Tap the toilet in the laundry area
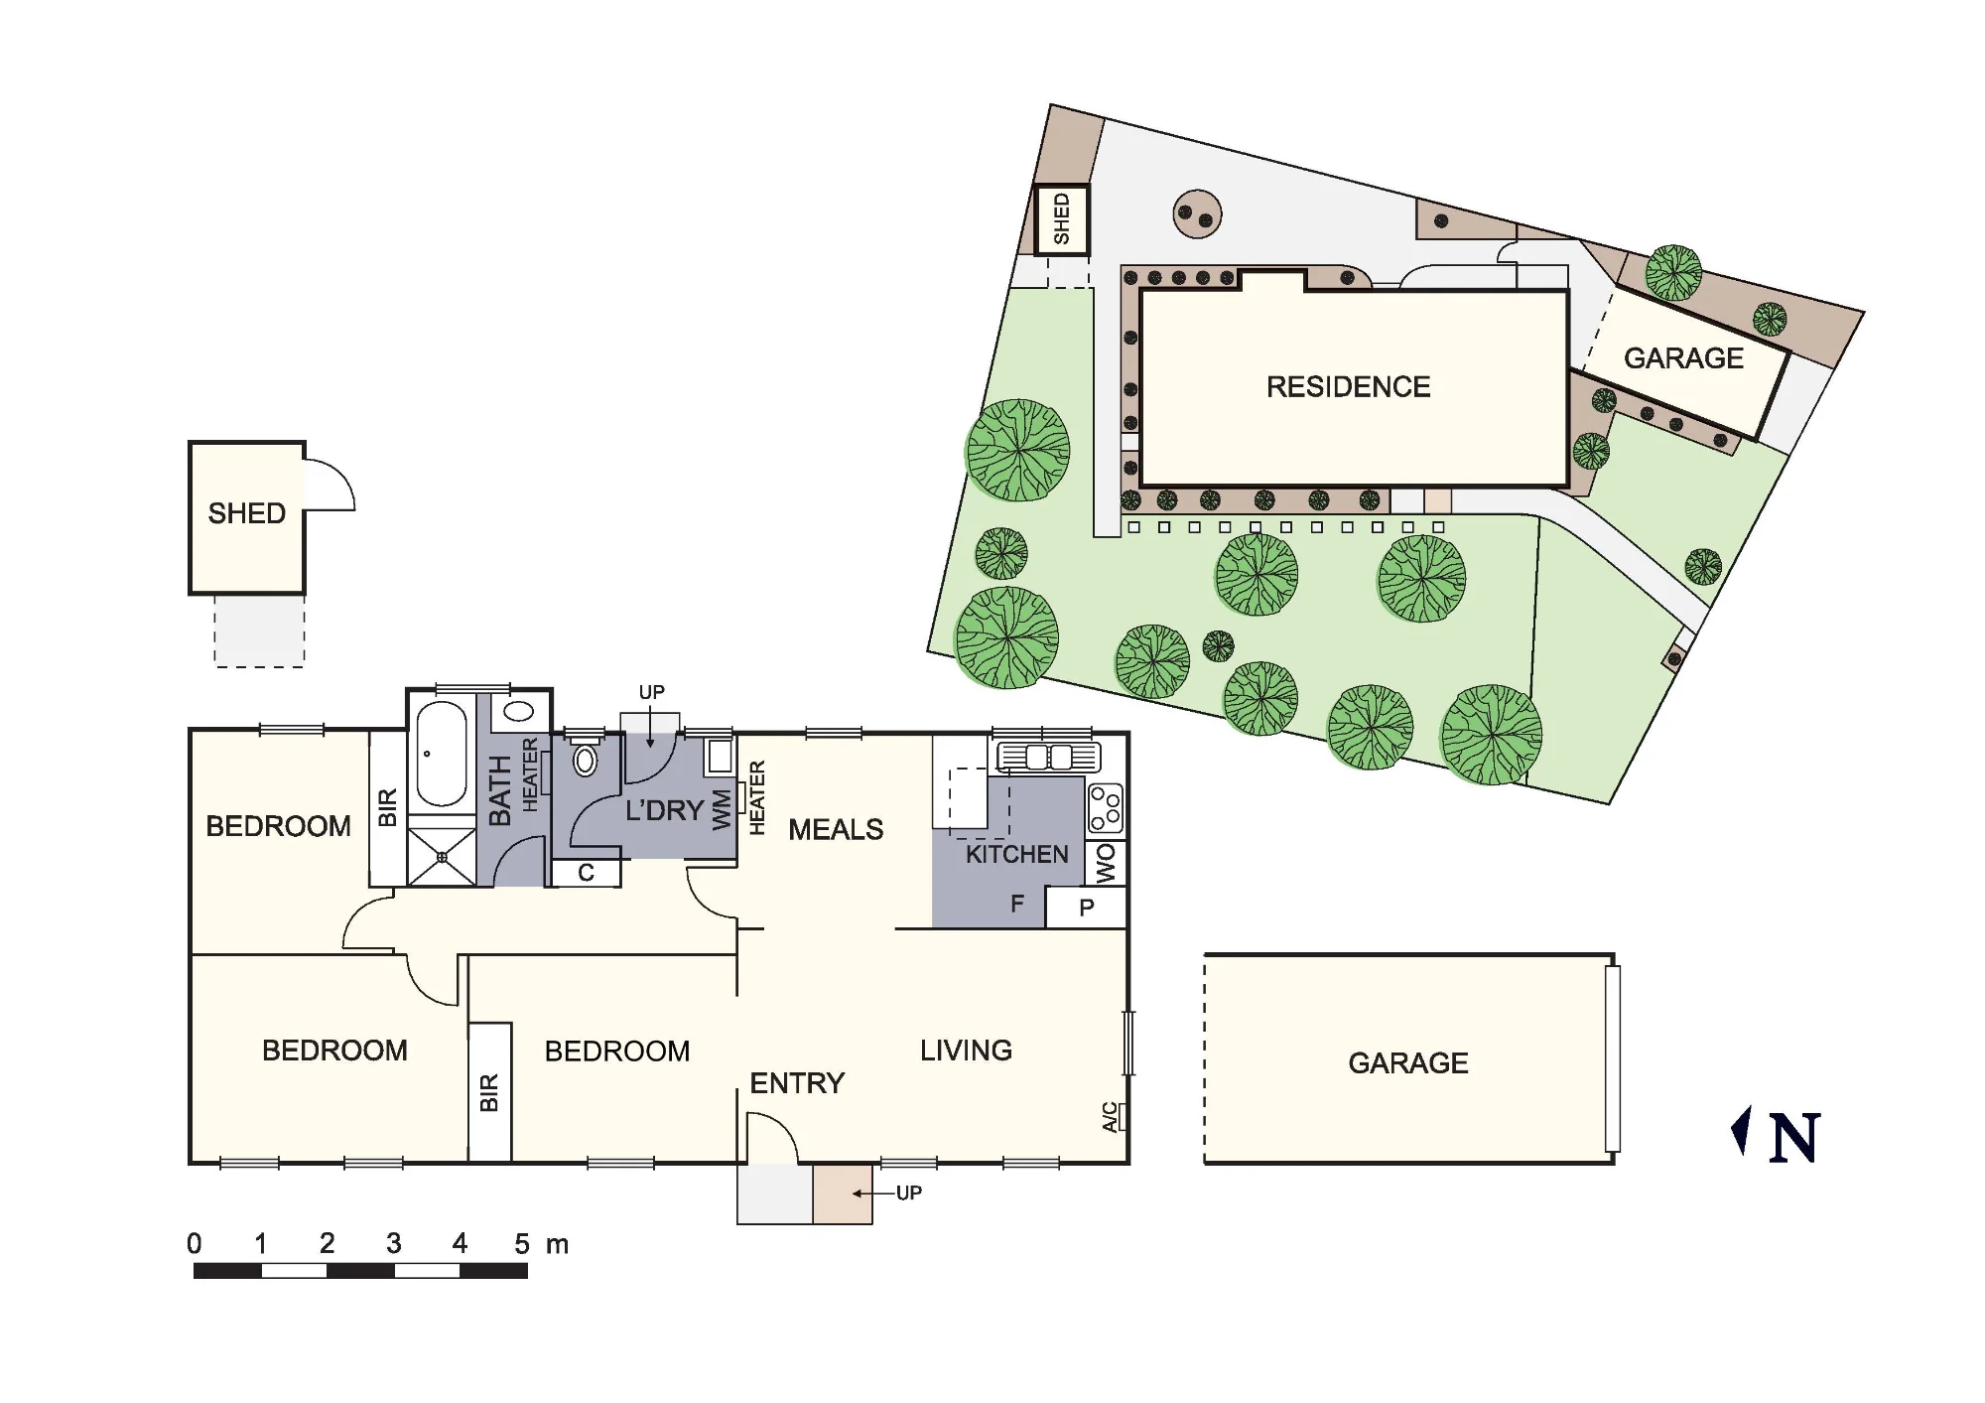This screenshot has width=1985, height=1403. pos(586,757)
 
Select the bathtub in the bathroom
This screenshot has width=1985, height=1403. pos(442,755)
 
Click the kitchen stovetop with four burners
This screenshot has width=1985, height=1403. pos(1106,808)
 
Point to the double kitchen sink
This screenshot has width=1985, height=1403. pos(1049,758)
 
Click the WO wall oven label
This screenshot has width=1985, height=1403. pos(1107,863)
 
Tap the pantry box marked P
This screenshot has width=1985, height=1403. pos(1087,908)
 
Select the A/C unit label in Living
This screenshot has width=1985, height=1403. pos(1111,1117)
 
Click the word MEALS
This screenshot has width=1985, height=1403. pos(836,830)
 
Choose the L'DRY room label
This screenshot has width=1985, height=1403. pos(664,810)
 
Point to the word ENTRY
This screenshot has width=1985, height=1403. pos(797,1083)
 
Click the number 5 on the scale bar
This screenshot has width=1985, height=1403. pos(522,1244)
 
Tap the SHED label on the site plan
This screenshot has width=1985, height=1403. pos(1062,219)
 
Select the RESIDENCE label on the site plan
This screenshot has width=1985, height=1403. pos(1349,387)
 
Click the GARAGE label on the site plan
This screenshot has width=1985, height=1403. pos(1683,358)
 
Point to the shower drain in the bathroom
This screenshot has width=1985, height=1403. pos(442,857)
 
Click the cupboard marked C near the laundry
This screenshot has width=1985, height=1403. pos(586,873)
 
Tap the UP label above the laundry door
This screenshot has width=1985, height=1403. pos(651,692)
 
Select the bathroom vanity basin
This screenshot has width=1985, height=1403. pos(519,711)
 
